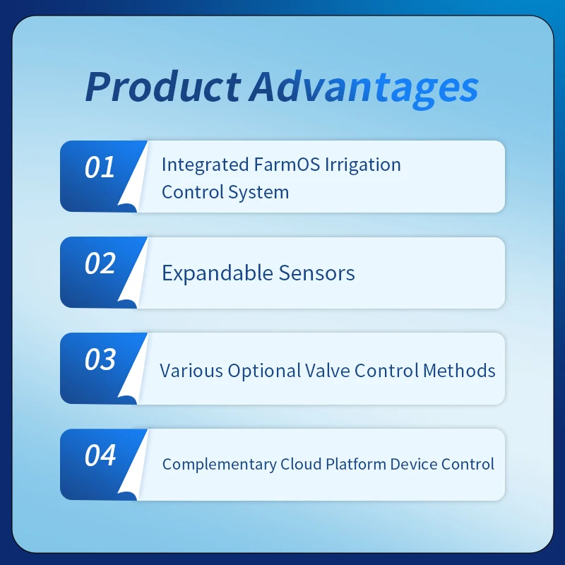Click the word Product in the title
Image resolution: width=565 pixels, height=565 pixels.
(x=162, y=88)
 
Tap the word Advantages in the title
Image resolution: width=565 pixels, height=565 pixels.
(x=363, y=88)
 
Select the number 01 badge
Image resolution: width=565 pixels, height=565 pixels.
(x=100, y=168)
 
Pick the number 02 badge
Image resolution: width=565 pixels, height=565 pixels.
(x=100, y=264)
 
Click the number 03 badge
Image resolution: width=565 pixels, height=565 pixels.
(x=100, y=360)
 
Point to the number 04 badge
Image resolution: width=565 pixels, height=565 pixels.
(x=100, y=456)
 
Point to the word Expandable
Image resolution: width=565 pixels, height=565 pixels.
(x=216, y=273)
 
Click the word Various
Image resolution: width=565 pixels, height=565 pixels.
(x=191, y=371)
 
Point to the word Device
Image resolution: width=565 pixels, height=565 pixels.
(x=413, y=465)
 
